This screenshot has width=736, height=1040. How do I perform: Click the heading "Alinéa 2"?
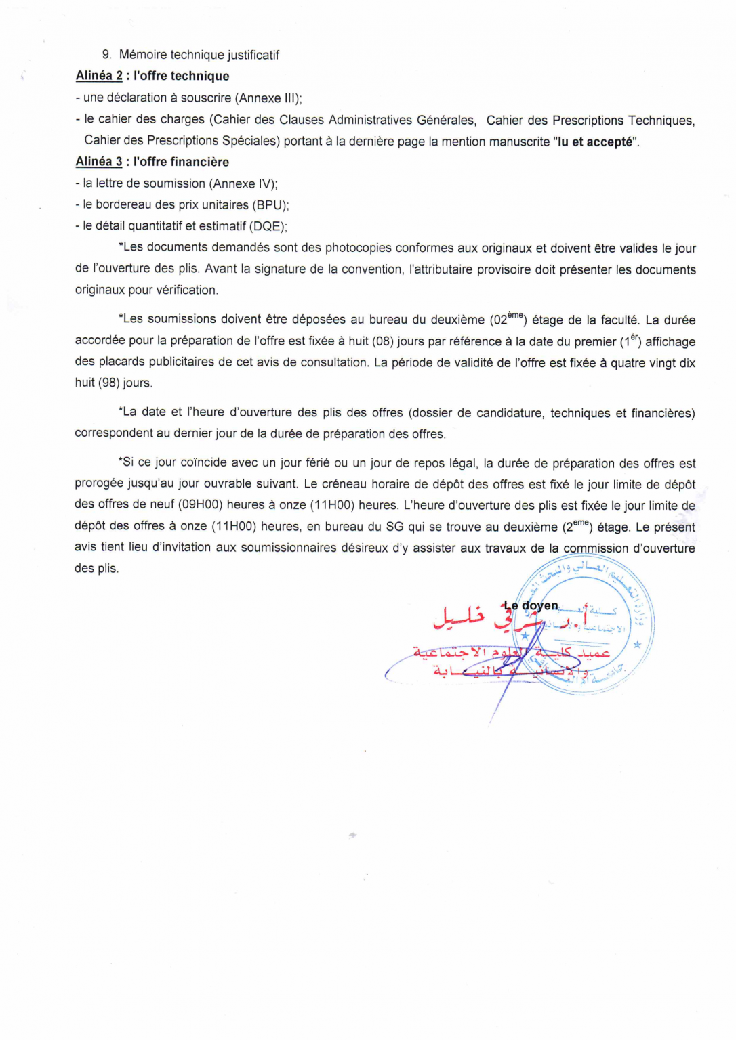coord(99,76)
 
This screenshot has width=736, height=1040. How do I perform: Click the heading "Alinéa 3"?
coord(99,162)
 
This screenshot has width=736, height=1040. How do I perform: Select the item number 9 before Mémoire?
coord(106,55)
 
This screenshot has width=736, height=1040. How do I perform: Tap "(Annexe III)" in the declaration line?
coord(267,98)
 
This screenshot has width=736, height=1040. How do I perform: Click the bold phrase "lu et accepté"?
coord(596,142)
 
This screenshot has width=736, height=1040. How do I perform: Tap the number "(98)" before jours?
coord(108,383)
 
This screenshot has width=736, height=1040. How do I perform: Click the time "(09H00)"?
coord(201,505)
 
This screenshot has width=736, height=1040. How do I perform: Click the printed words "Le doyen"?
coord(531,606)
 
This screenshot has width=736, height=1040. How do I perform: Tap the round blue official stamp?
coord(584,624)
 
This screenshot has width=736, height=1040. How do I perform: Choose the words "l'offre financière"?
coord(181,162)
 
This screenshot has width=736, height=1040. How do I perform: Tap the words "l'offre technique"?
coord(181,76)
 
